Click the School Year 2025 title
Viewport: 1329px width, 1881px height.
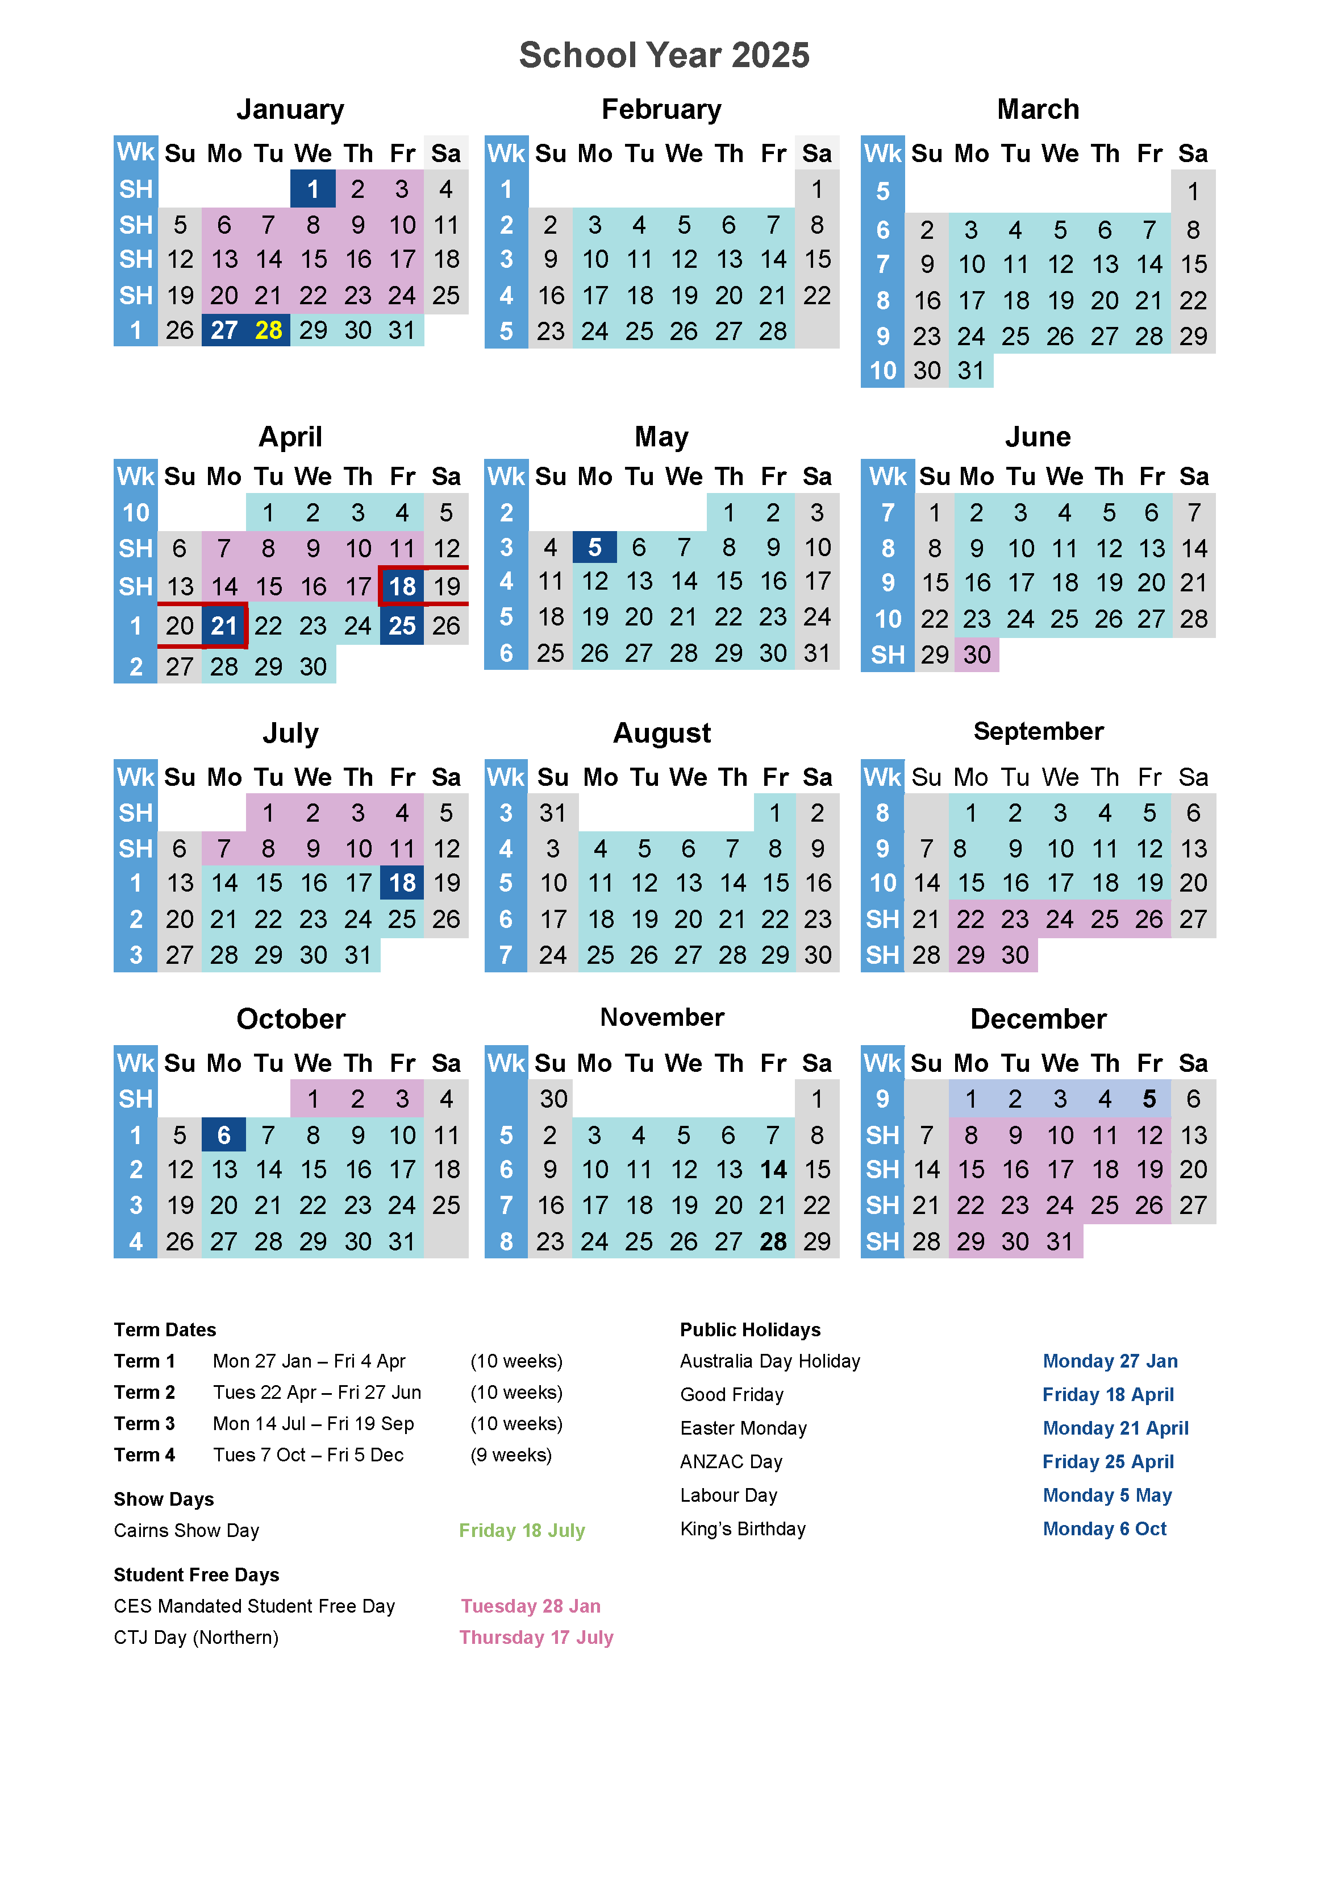[664, 56]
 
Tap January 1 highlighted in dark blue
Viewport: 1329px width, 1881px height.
[313, 189]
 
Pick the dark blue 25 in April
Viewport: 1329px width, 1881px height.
[402, 626]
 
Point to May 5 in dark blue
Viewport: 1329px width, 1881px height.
[594, 547]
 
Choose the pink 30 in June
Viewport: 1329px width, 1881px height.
[977, 654]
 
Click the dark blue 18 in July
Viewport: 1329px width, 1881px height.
[402, 883]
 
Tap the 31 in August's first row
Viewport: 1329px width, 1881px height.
[553, 813]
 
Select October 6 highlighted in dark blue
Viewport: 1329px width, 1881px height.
[223, 1134]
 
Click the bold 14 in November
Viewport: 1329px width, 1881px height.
[773, 1170]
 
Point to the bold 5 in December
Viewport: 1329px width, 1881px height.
[1149, 1099]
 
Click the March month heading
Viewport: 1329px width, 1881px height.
[1038, 109]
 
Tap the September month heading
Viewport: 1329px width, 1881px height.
[1038, 731]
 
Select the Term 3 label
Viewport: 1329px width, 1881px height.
[144, 1424]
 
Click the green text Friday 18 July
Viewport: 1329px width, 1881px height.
[522, 1530]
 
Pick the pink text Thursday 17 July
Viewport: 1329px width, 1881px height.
[536, 1637]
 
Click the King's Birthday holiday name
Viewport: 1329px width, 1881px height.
[743, 1528]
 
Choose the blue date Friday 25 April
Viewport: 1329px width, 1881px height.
[1108, 1461]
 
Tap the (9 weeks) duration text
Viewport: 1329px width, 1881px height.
[511, 1455]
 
